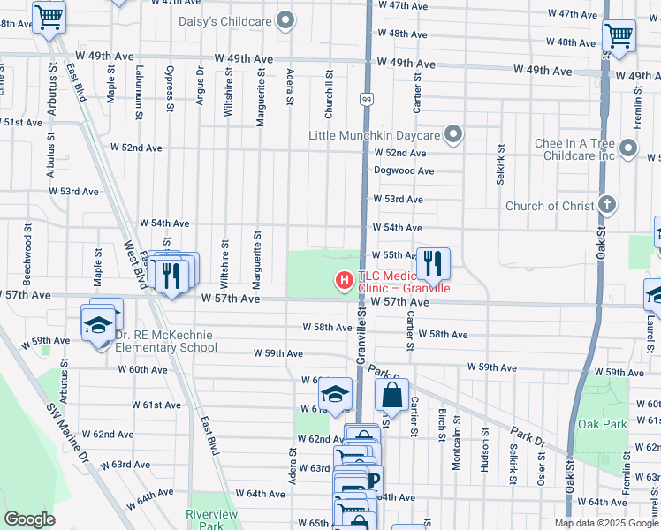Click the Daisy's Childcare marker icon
[x=285, y=19]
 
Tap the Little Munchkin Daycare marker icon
[x=453, y=135]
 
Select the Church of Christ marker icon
[x=606, y=206]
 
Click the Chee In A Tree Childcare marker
[x=628, y=147]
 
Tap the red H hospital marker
[x=343, y=281]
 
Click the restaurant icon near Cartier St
[x=432, y=262]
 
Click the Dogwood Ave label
[x=404, y=170]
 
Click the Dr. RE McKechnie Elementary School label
[x=166, y=341]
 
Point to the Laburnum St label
[x=138, y=83]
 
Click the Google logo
[x=29, y=519]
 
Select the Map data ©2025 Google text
[x=605, y=523]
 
